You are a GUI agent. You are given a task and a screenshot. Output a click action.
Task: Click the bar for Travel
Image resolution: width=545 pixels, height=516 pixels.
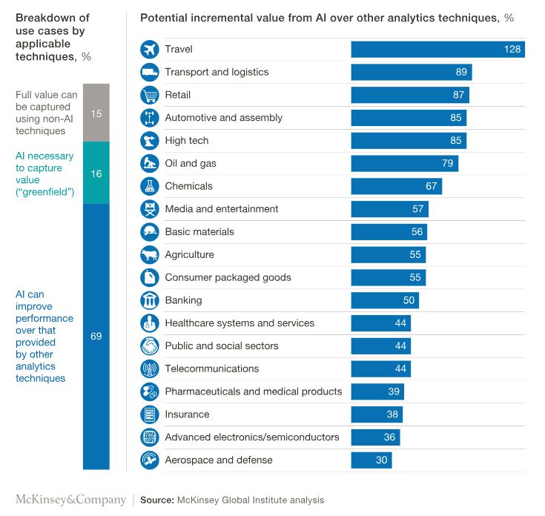click(437, 50)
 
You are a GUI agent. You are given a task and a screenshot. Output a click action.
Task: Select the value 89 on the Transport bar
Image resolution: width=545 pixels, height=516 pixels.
click(461, 72)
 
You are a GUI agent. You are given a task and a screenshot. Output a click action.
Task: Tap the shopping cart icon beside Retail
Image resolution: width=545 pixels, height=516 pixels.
click(150, 95)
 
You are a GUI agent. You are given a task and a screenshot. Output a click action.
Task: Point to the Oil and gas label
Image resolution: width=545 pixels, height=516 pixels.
click(191, 163)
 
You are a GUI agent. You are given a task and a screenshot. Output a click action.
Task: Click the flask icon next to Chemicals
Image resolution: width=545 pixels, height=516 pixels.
click(150, 186)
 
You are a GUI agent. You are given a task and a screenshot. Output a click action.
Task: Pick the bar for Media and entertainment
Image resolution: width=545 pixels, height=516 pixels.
click(389, 209)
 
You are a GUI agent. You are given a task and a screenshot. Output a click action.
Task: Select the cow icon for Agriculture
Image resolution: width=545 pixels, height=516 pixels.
click(150, 255)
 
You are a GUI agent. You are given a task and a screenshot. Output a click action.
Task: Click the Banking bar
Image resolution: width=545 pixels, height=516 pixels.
click(385, 300)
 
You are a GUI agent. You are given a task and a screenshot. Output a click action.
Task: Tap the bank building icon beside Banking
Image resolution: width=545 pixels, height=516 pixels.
click(150, 300)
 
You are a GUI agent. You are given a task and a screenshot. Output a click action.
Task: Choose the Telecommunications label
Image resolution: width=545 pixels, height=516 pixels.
click(211, 368)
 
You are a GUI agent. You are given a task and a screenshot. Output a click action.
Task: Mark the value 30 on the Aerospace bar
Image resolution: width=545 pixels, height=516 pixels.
click(381, 460)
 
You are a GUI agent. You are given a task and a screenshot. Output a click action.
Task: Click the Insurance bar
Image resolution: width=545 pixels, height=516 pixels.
click(377, 414)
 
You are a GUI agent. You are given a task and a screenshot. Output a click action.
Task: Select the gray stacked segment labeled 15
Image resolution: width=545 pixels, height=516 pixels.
click(96, 113)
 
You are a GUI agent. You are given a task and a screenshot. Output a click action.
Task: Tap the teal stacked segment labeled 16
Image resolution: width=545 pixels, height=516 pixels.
click(96, 173)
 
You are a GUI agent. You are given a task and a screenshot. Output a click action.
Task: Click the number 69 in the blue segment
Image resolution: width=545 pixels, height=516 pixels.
click(96, 336)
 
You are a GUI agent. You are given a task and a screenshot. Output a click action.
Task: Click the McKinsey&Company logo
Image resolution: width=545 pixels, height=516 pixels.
click(70, 500)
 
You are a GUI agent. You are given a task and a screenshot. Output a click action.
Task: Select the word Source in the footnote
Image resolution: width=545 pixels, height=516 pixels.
click(156, 500)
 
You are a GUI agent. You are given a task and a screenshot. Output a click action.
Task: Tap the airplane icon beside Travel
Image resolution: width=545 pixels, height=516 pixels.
click(150, 50)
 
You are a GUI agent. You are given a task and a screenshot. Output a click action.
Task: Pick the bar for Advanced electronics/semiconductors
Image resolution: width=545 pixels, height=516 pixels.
click(375, 437)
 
